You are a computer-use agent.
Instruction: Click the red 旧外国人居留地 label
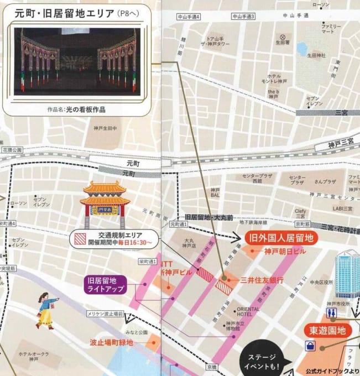point(282,238)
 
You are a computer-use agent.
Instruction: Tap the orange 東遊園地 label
point(328,331)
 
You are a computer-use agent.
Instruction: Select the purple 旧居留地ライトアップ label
point(105,284)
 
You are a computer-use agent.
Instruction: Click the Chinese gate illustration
point(105,202)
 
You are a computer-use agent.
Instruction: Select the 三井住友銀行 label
point(262,280)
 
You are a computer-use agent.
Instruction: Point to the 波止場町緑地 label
point(112,343)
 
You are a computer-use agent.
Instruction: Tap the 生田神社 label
point(316,55)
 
